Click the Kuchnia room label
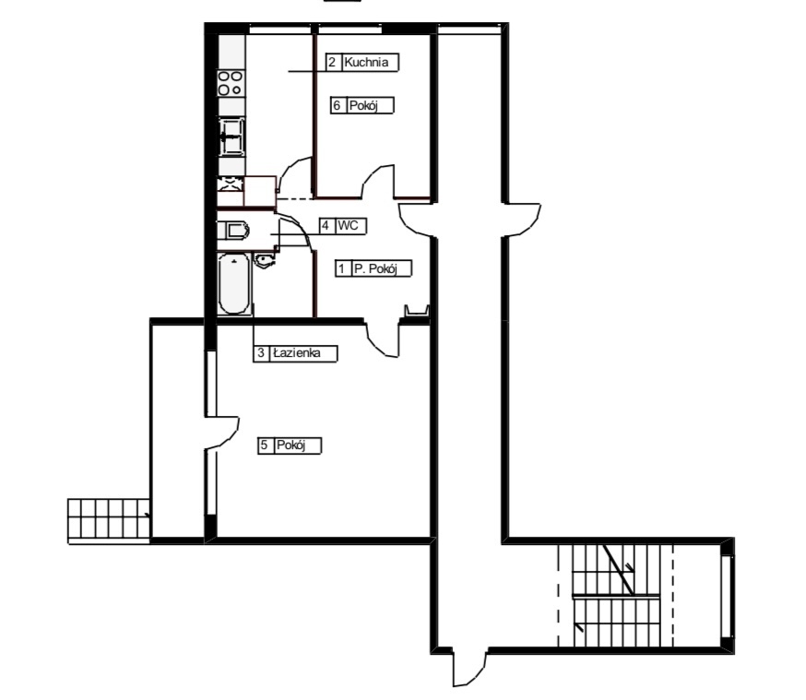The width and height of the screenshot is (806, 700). coord(371,64)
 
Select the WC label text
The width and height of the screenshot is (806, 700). coord(347,225)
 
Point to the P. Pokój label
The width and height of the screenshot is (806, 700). coord(380,268)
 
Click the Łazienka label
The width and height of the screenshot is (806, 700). coord(302,353)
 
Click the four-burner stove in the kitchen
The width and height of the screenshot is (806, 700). coord(230,83)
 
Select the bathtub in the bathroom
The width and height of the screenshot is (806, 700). coord(233,284)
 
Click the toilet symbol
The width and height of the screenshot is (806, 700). coord(232,230)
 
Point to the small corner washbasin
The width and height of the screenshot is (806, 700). coord(265,261)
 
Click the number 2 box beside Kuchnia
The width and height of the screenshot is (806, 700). coord(331,64)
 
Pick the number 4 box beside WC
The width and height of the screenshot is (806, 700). coord(326,225)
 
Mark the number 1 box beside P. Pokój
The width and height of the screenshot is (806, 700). coord(342,268)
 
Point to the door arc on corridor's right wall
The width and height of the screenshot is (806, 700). coord(521,218)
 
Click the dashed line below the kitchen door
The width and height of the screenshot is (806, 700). coord(295,199)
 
